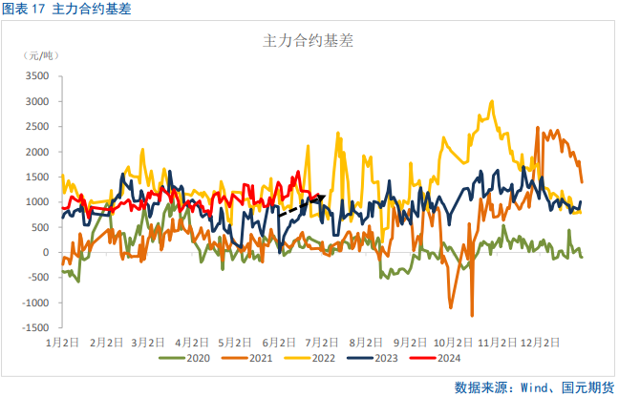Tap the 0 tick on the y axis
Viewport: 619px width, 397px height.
click(45, 253)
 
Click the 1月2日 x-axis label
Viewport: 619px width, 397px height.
click(61, 341)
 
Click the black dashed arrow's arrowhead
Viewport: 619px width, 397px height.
click(322, 198)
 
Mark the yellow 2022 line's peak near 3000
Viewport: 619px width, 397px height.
click(491, 101)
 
